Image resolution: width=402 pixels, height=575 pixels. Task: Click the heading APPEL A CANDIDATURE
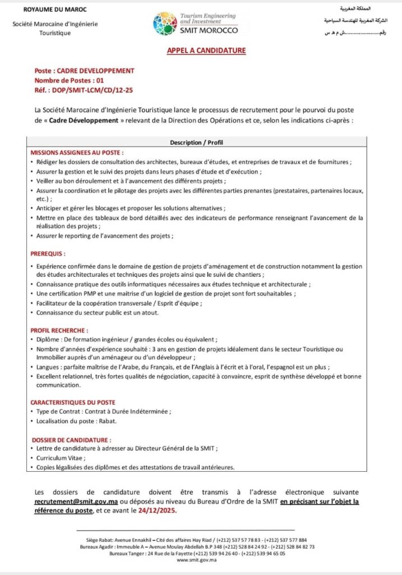(x=206, y=51)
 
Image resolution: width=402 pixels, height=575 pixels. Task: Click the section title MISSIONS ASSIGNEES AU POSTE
(x=77, y=153)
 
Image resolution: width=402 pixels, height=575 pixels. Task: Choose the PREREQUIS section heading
(x=48, y=254)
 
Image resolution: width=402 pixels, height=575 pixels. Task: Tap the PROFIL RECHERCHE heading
(x=59, y=330)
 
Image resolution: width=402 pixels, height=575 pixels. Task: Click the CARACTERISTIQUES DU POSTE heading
(x=73, y=402)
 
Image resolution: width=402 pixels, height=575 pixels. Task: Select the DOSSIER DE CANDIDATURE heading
(x=71, y=440)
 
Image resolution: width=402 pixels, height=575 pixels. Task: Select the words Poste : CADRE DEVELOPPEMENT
(x=85, y=71)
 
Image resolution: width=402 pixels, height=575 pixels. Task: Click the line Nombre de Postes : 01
(x=69, y=80)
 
